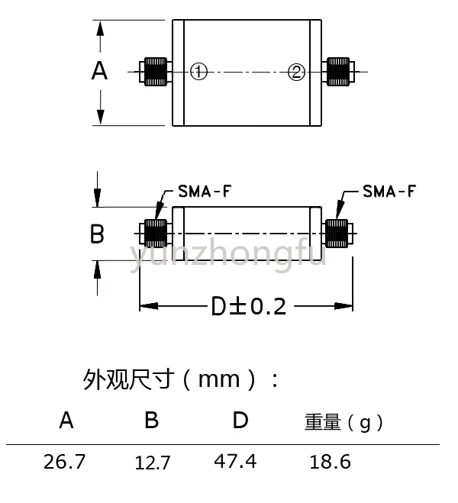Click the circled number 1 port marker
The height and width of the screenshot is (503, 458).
pos(198,72)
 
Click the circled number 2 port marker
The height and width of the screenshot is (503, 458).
pos(297,72)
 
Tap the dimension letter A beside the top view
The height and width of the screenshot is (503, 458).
pos(99,71)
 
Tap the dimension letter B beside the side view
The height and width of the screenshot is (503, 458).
pos(97,234)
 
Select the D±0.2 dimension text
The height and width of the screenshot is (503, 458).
pos(248,306)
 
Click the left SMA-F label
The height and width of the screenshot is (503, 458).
pos(205,191)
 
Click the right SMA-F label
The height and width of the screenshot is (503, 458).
pos(389,191)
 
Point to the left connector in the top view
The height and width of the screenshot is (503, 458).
pos(153,72)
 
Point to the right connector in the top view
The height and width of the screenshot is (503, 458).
pos(338,72)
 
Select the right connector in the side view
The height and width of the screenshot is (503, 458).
pos(337,232)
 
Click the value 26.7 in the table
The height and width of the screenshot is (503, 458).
pos(66,461)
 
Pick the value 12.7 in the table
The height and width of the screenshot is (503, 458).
pos(152,462)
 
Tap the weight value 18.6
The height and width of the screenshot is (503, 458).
pos(330,461)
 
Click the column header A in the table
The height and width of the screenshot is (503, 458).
pos(67,420)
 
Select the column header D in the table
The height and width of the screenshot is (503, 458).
pos(240,420)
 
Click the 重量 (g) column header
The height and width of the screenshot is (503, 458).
pos(343,422)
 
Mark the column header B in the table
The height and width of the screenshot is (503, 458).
pos(152,420)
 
